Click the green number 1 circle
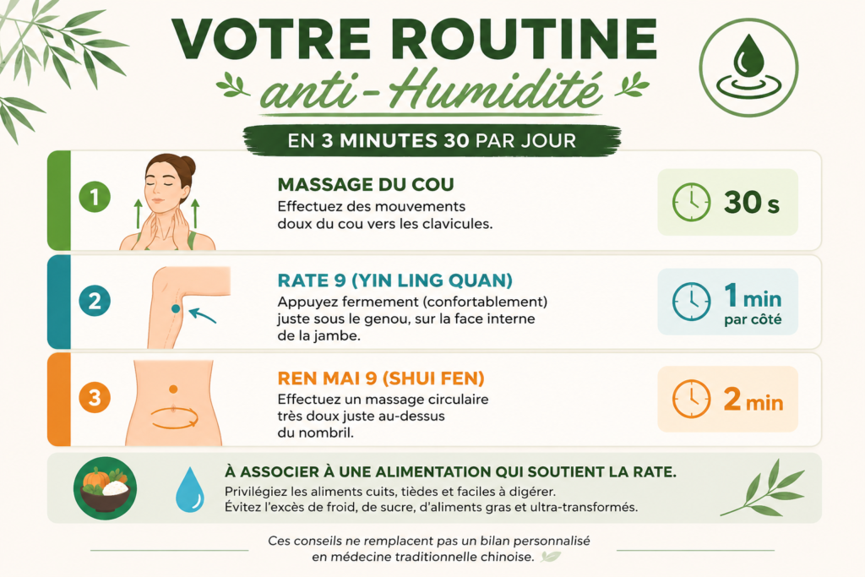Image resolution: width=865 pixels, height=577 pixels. click(95, 197)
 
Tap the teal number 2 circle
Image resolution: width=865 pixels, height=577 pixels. click(95, 301)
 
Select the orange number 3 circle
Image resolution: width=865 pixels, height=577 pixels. click(95, 397)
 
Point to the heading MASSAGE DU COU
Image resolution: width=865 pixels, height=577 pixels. click(365, 184)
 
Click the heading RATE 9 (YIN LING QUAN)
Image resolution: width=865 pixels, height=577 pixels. click(395, 280)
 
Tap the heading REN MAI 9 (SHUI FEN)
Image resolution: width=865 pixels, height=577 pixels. click(381, 378)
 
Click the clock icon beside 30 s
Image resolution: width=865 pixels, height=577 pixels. click(691, 203)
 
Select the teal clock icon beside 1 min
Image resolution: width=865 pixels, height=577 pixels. click(691, 302)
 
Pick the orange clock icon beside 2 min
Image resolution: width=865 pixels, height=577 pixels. click(691, 398)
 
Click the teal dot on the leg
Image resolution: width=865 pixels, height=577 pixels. click(176, 309)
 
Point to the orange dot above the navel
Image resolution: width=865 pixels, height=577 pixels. click(173, 389)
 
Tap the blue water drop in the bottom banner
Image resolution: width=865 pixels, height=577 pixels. click(190, 489)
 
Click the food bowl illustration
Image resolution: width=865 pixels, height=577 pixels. click(105, 488)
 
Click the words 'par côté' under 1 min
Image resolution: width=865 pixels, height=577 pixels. click(753, 320)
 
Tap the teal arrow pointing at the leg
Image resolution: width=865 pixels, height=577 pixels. click(202, 315)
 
